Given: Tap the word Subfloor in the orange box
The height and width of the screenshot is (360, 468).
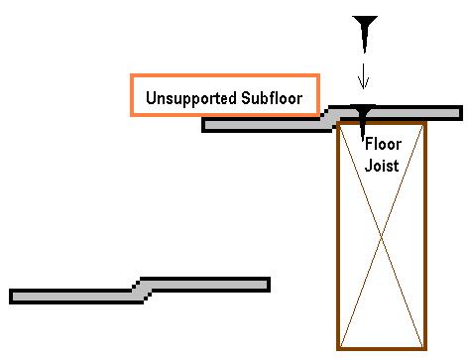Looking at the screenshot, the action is (x=272, y=98).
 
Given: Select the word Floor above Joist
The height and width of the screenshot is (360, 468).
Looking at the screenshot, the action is (x=383, y=144).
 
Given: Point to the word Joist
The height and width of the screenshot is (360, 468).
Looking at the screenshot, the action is (x=382, y=166).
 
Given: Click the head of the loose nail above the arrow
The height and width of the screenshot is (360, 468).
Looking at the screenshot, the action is (x=365, y=19).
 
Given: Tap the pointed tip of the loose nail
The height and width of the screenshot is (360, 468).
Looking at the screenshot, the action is (x=365, y=53).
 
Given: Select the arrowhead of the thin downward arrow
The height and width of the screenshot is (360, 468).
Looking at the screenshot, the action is (x=364, y=84).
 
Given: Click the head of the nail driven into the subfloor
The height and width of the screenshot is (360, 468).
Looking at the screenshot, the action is (x=363, y=107).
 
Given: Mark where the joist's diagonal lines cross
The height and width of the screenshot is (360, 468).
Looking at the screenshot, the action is (x=382, y=236).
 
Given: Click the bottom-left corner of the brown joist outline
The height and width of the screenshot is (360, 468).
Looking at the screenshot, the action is (x=338, y=348).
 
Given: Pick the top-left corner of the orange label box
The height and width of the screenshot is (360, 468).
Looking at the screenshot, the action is (x=132, y=75).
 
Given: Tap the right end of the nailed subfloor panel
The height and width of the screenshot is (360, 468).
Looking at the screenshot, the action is (x=461, y=113).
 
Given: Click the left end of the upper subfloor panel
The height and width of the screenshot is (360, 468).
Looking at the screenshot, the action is (x=203, y=125).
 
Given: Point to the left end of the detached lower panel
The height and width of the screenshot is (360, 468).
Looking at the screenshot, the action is (x=11, y=297).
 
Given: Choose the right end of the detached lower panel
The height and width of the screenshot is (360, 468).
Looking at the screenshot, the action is (x=269, y=285).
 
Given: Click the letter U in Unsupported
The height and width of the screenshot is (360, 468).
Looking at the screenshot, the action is (x=151, y=98).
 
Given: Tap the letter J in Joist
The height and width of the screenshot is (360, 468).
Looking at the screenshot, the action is (x=368, y=166).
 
